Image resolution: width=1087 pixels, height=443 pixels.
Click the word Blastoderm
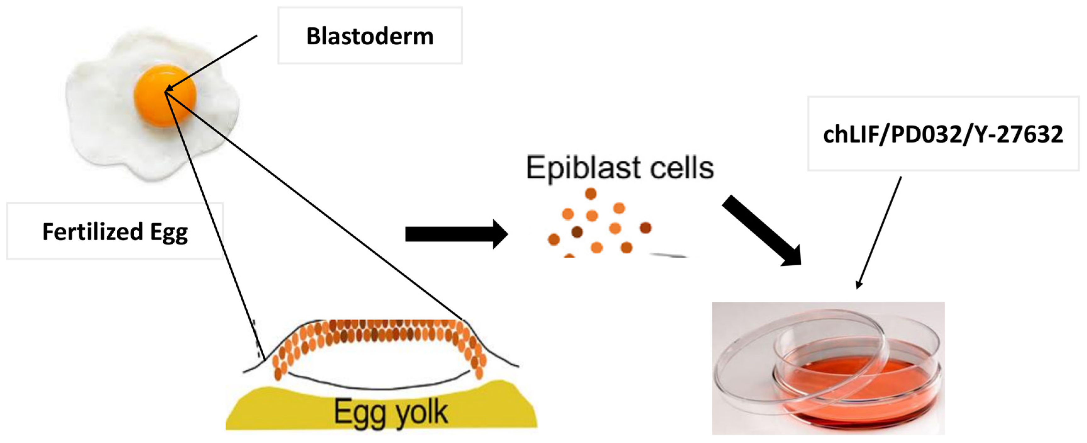(x=370, y=36)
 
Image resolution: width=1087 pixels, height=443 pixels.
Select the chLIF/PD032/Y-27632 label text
(x=943, y=134)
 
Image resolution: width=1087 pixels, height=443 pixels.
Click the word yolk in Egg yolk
(x=422, y=413)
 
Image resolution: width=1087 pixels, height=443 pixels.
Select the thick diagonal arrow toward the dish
(x=759, y=230)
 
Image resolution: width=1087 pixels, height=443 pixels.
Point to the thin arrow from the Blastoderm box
(x=211, y=62)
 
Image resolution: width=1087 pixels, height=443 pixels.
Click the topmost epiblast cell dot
(x=591, y=193)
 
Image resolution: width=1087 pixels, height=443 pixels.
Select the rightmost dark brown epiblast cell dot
(x=645, y=228)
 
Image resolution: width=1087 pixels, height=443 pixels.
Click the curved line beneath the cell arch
(x=380, y=386)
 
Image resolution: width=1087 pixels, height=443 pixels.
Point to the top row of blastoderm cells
(x=380, y=325)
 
